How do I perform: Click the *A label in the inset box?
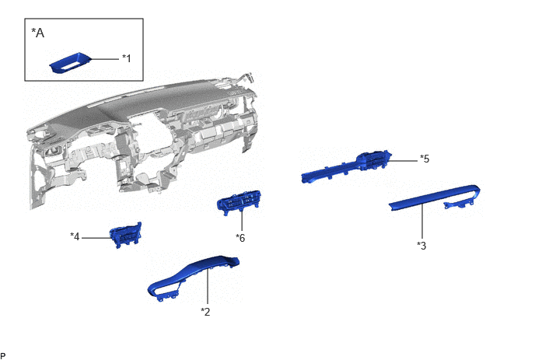click(x=38, y=33)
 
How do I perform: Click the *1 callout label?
click(x=127, y=58)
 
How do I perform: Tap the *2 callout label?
click(x=205, y=312)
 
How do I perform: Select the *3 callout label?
click(x=421, y=246)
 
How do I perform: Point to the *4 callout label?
click(x=75, y=236)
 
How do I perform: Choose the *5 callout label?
click(x=425, y=159)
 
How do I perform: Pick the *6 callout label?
click(x=240, y=238)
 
